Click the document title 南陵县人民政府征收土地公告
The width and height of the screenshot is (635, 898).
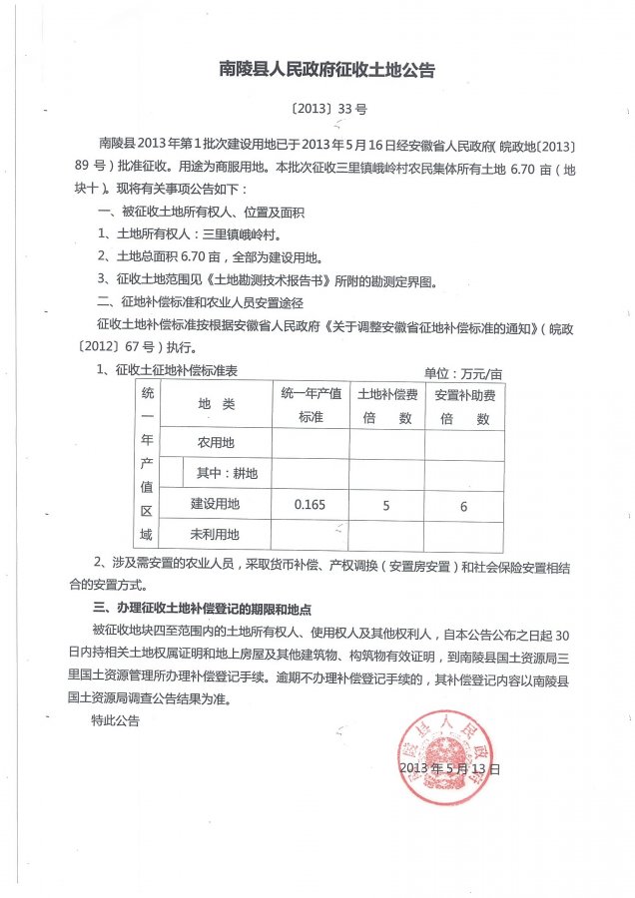(x=326, y=70)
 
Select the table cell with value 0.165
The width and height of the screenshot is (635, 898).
(x=310, y=506)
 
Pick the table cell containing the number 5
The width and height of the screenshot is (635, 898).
(x=385, y=506)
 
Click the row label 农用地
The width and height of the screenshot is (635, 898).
(x=216, y=442)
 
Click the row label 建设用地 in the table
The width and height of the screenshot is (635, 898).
(x=216, y=504)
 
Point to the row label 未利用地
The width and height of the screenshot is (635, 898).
(x=216, y=535)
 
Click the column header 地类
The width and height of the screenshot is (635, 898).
(x=216, y=404)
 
